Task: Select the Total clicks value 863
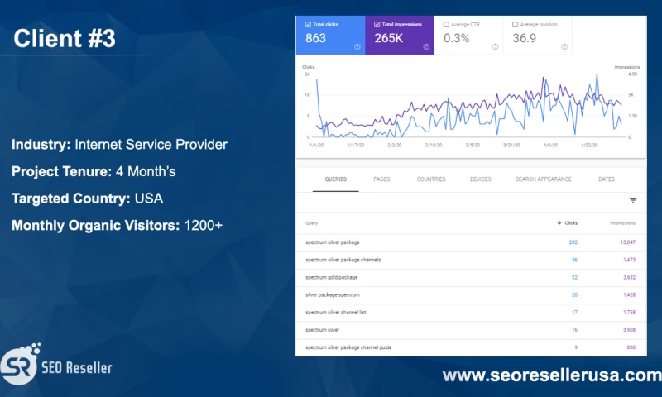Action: tap(314, 39)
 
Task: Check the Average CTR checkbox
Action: tap(447, 25)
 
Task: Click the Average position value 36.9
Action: tap(525, 39)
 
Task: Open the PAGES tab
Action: tap(381, 179)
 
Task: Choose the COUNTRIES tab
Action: tap(431, 179)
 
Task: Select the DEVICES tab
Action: tap(480, 179)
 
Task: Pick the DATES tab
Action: tap(606, 179)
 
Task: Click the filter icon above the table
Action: tap(633, 200)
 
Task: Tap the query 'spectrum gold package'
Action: tap(331, 277)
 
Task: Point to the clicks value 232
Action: tap(573, 242)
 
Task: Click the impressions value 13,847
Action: tap(626, 242)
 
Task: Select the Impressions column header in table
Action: tap(622, 223)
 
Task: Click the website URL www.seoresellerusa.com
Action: tap(551, 375)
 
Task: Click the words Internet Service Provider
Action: tap(151, 145)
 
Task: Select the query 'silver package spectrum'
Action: tap(333, 295)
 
